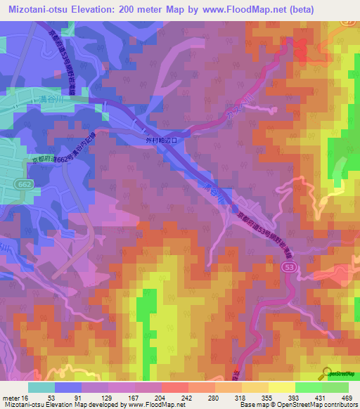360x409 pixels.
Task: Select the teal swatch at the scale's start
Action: pyautogui.click(x=41, y=387)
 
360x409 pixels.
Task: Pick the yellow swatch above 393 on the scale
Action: pyautogui.click(x=282, y=387)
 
